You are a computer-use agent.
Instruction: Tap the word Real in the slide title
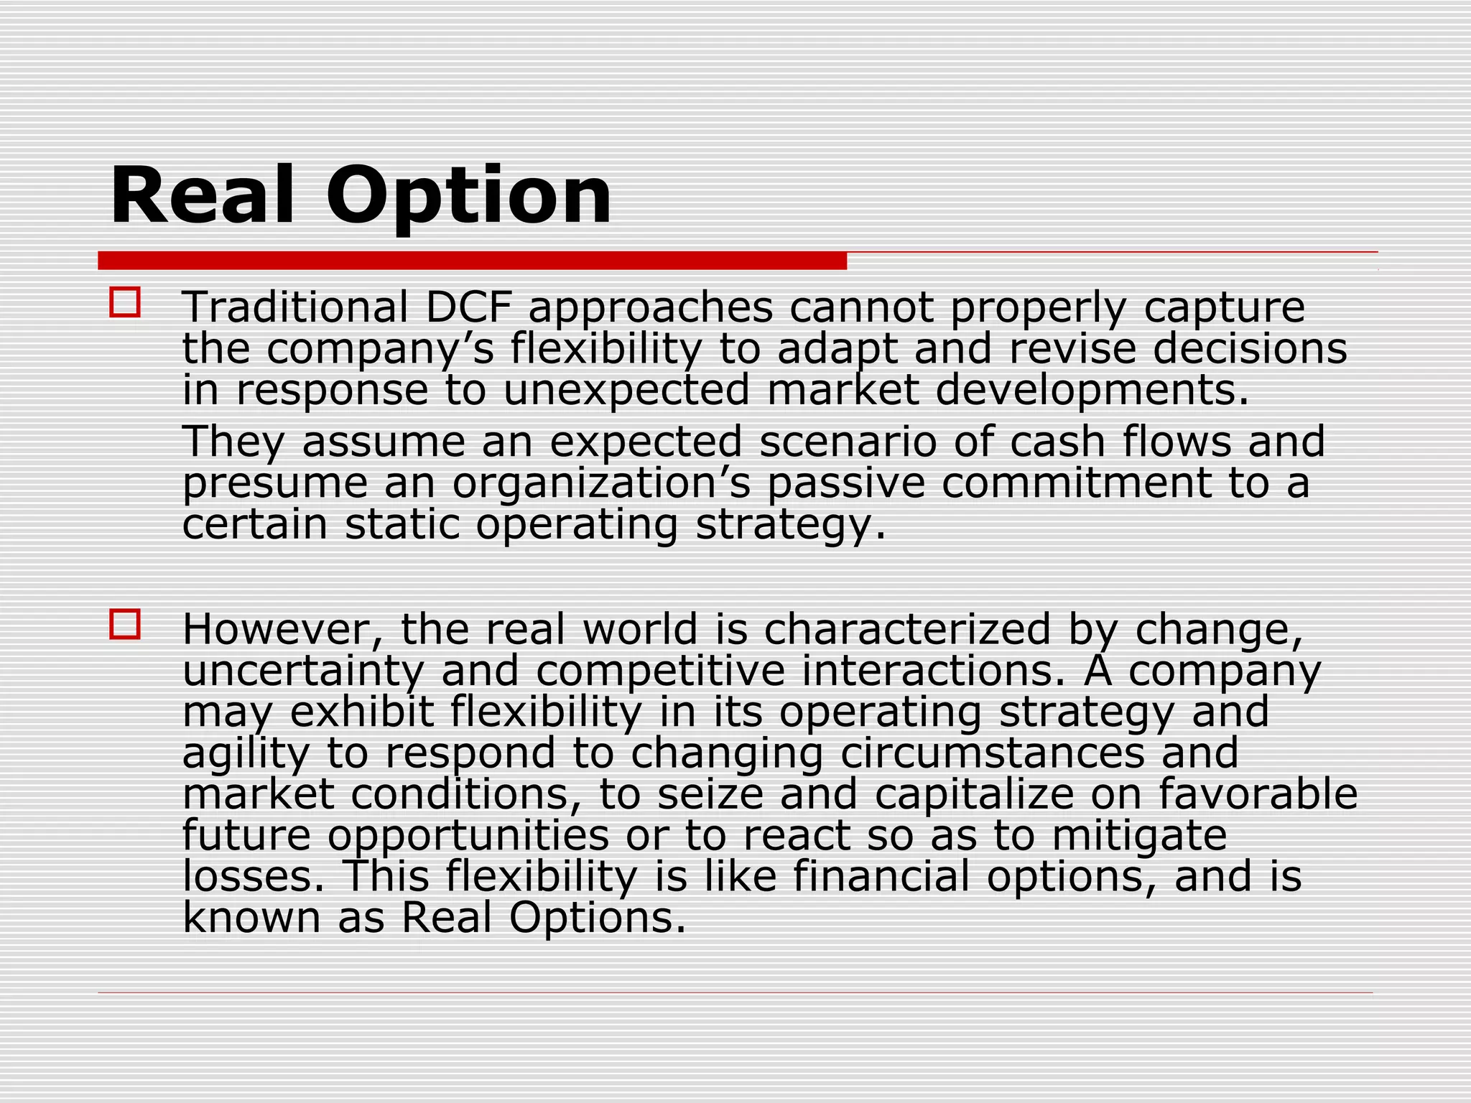[x=203, y=195]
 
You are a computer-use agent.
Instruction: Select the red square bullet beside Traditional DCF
[x=125, y=302]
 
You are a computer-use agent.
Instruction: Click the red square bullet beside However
[x=125, y=624]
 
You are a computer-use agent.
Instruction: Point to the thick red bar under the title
[x=472, y=261]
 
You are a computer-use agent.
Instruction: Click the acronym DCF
[x=469, y=307]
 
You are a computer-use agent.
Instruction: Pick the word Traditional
[x=295, y=307]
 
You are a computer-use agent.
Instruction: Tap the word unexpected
[x=626, y=390]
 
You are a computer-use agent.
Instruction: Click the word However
[x=284, y=629]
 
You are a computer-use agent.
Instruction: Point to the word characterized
[x=907, y=629]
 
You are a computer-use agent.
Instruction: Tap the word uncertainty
[x=303, y=671]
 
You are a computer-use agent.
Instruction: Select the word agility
[x=246, y=754]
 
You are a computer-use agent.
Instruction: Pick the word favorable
[x=1258, y=794]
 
